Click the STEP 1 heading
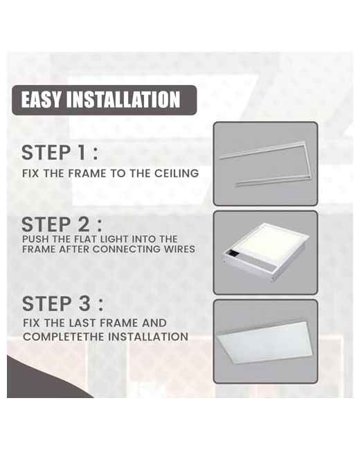60,152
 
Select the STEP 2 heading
62,224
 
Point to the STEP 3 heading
62,304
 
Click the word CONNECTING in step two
127,249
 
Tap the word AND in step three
154,323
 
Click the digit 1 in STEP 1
82,152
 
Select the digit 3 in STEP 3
84,304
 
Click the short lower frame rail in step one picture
274,181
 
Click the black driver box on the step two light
235,254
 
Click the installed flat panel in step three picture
264,341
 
